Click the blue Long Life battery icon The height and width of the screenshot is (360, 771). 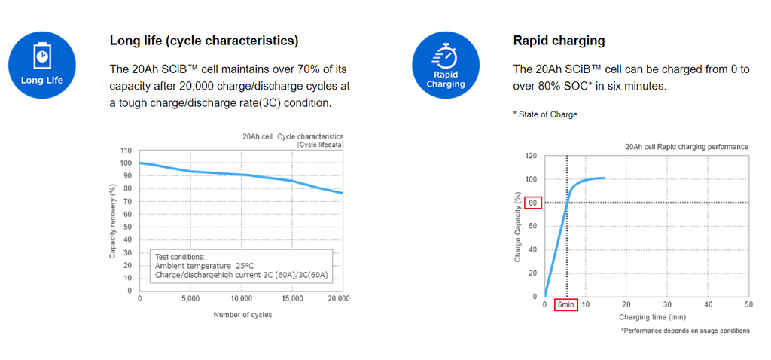point(42,66)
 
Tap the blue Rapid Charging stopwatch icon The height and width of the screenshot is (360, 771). point(446,66)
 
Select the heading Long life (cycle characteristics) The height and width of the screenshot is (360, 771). point(204,41)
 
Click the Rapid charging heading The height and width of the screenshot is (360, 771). point(559,41)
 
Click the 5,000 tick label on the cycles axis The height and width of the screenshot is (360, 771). point(190,299)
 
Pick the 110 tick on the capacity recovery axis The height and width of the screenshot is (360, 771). point(126,151)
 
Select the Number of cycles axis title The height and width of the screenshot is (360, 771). point(242,315)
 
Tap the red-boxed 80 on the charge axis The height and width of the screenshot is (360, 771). point(534,203)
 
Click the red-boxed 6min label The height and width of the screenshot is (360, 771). point(566,305)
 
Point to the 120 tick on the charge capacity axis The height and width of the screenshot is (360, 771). point(531,156)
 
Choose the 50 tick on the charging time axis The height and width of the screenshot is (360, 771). point(748,304)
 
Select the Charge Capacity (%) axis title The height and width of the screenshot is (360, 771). point(518,227)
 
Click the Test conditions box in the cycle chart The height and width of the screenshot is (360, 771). point(239,266)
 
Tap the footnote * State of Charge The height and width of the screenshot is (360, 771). point(545,114)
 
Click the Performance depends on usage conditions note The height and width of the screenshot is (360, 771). point(685,331)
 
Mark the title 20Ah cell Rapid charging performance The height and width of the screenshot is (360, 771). point(687,146)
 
